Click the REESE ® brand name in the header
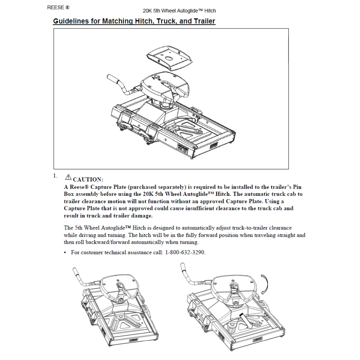[58, 7]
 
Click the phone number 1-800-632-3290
[185, 252]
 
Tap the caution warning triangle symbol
[68, 177]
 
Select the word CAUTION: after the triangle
[88, 179]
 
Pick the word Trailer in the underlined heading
[205, 21]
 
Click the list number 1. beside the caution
[55, 176]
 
